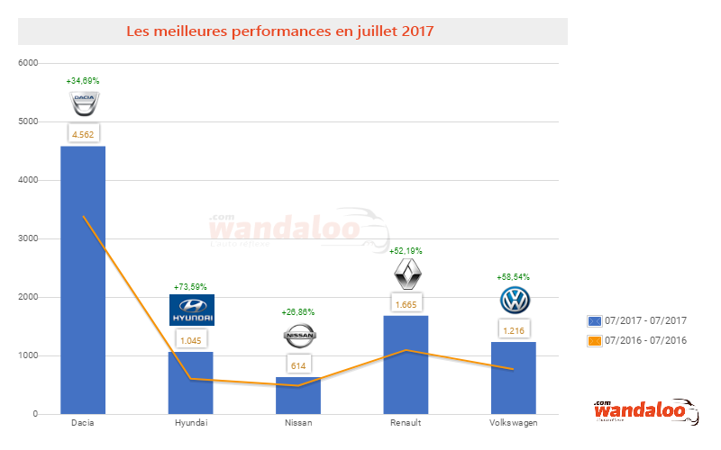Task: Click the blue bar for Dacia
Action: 83,279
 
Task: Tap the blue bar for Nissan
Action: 298,396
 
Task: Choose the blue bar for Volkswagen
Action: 514,378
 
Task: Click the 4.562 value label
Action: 83,133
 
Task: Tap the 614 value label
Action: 298,364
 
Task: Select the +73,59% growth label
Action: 190,287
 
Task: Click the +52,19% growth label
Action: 406,251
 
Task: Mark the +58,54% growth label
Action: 514,277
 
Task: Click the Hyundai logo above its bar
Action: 191,310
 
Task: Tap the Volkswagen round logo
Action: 515,300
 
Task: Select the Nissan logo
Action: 298,337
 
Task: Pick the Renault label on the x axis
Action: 406,422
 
